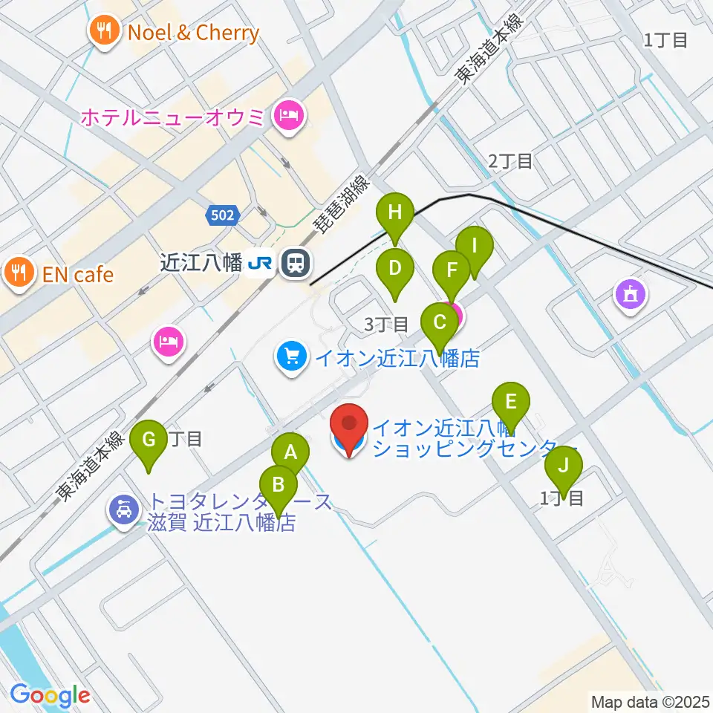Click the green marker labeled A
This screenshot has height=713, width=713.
290,452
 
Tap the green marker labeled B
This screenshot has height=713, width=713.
279,485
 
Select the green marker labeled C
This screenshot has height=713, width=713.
440,323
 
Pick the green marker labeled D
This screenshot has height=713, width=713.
395,268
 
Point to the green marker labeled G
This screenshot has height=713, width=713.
149,440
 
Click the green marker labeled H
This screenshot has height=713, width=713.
395,213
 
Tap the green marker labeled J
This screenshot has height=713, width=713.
563,466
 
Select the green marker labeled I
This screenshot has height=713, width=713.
474,247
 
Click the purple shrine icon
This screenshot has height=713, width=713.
631,296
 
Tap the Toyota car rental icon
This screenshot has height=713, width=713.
124,510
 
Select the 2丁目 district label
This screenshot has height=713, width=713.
510,161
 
